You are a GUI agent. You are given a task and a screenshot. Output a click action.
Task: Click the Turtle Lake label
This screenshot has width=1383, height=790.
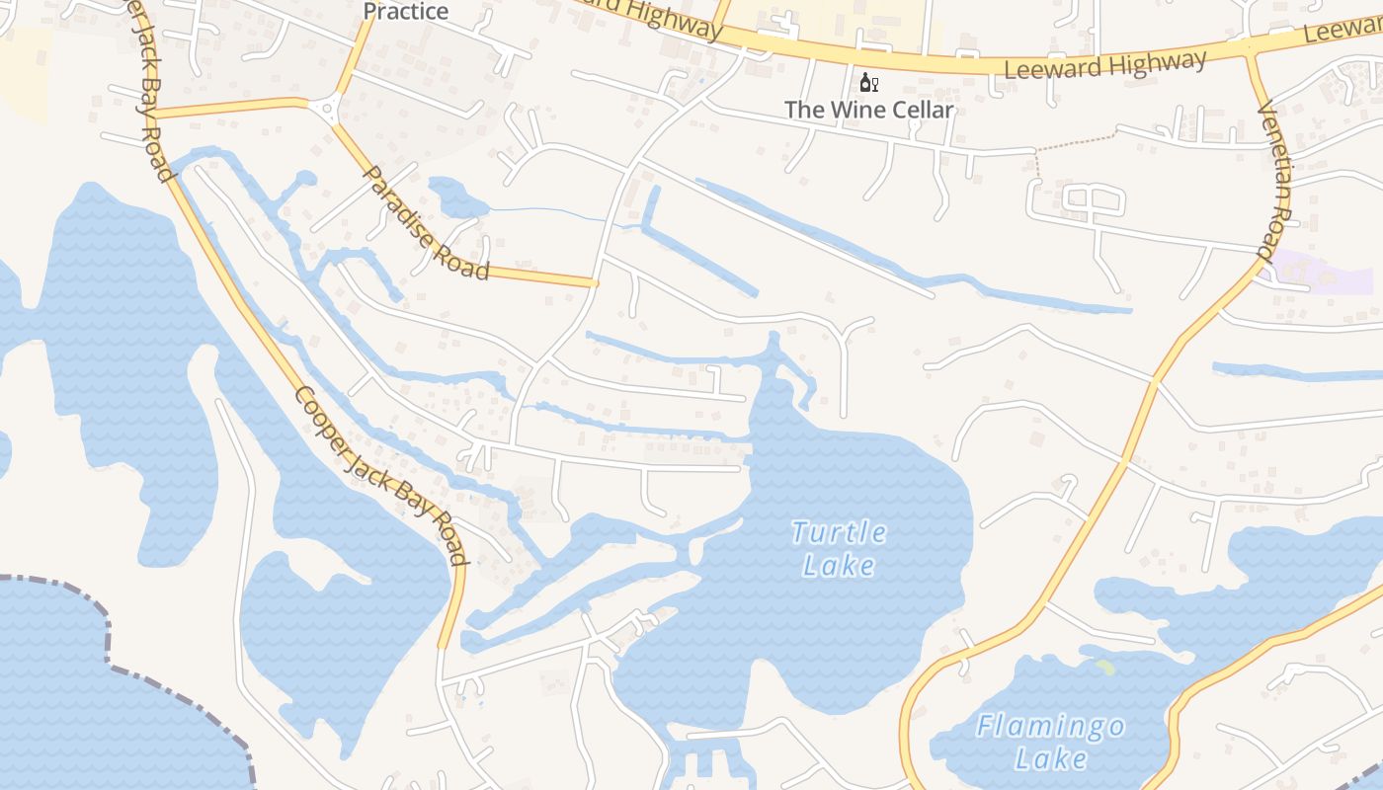[839, 548]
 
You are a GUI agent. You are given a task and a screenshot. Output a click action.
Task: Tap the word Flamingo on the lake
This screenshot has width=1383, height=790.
[1050, 728]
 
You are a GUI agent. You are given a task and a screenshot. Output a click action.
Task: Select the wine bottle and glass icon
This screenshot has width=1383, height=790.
[868, 82]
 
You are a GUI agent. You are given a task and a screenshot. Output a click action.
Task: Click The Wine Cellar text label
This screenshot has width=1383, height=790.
[869, 110]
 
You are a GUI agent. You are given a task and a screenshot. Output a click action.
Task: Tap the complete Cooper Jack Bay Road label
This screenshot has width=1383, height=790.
[379, 475]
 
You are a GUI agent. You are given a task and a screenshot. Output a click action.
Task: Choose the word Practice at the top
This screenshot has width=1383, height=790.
[406, 12]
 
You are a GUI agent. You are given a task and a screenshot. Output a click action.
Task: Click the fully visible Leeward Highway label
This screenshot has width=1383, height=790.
[1104, 66]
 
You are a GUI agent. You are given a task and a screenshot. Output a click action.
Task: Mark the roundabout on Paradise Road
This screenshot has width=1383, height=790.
[325, 106]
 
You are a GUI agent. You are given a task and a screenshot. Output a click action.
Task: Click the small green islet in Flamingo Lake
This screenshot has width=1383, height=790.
[1105, 668]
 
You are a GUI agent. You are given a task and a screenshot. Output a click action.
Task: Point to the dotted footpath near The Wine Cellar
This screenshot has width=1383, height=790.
[1077, 138]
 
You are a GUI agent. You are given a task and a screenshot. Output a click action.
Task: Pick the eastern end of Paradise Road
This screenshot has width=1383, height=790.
[596, 283]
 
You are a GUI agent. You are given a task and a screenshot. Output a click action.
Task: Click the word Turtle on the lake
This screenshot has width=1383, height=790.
[839, 533]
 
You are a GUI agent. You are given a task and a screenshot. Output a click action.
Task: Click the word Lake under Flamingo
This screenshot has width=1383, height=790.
[1050, 759]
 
